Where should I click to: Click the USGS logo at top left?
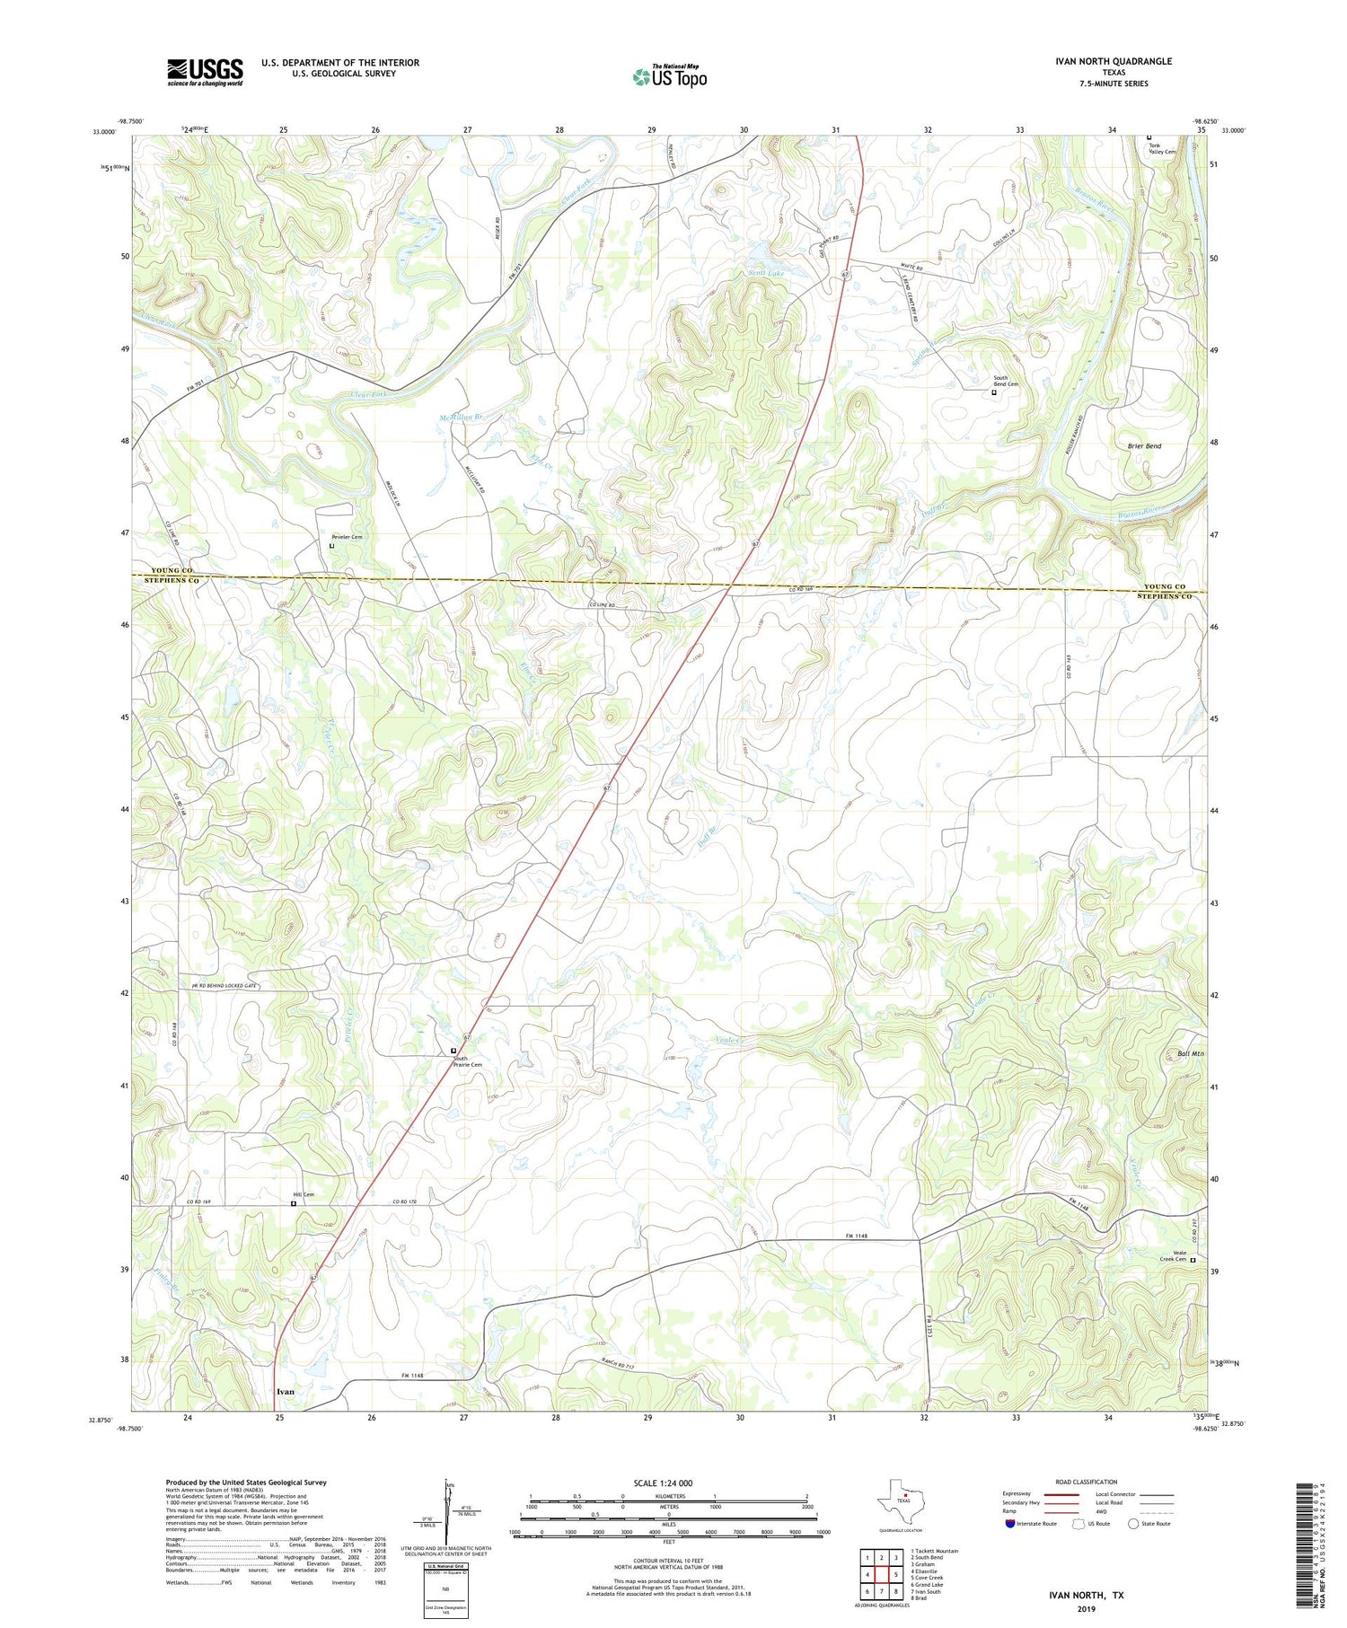coord(205,72)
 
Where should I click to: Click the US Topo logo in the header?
coord(669,77)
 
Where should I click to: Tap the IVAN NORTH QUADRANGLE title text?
coord(1114,61)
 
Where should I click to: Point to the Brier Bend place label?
coord(1143,445)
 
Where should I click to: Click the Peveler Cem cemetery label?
coord(347,537)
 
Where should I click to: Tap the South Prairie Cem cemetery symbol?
coord(453,1050)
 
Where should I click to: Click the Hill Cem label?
coord(304,1194)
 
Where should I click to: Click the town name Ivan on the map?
coord(286,1391)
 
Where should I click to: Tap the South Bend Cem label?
coord(1006,381)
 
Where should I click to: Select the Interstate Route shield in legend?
coord(1011,1523)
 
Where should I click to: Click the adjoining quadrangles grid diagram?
coord(881,1572)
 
